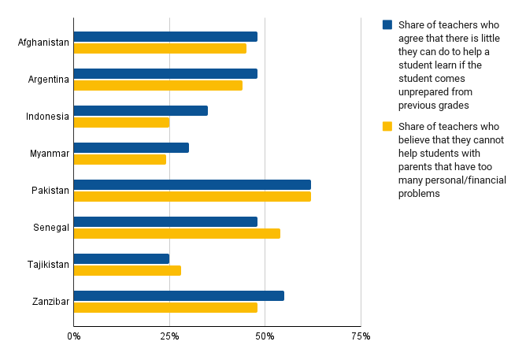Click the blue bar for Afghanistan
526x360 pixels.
click(165, 36)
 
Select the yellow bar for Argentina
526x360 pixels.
click(157, 85)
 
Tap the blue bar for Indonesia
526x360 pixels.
click(140, 110)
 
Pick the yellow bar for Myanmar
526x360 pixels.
click(120, 159)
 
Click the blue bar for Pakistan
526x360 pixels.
click(192, 184)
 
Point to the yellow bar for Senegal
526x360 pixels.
click(176, 233)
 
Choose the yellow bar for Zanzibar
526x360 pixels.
click(165, 307)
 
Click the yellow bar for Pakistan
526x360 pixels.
click(192, 196)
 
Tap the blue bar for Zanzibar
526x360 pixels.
click(179, 295)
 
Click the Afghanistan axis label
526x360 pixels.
click(43, 43)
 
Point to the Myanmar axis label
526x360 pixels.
click(50, 154)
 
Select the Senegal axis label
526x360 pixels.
click(50, 228)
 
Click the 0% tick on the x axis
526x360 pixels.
click(73, 336)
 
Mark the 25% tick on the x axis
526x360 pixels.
click(169, 336)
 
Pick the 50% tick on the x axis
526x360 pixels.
click(265, 336)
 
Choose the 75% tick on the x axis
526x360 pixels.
click(361, 336)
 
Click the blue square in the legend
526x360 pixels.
click(387, 24)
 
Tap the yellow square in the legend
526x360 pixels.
click(387, 126)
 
